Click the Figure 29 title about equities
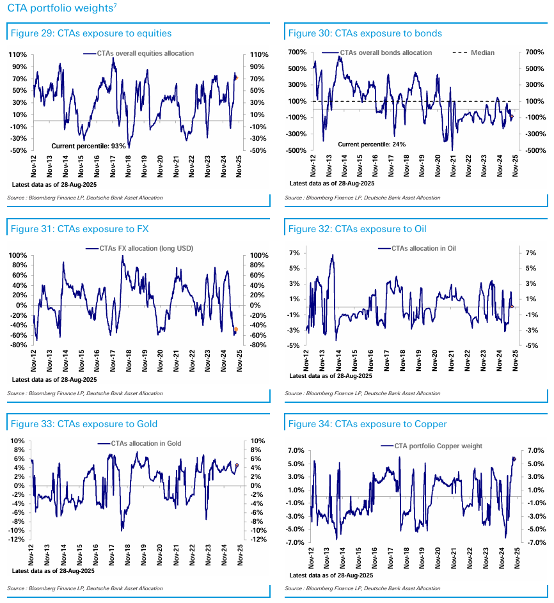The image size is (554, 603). [90, 33]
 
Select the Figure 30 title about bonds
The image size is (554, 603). [365, 33]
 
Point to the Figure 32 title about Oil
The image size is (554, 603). [357, 228]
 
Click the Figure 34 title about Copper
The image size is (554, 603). [367, 424]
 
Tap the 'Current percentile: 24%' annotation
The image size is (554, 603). [372, 145]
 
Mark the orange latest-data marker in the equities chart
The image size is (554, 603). [236, 78]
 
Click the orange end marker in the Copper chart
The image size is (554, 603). [514, 458]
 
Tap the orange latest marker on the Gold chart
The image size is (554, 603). [237, 466]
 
